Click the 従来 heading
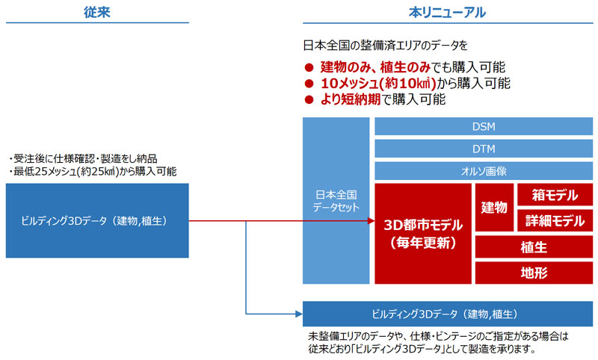[97, 12]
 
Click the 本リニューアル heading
[447, 13]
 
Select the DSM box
[484, 126]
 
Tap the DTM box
[484, 149]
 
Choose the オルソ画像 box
[484, 171]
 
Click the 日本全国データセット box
[336, 201]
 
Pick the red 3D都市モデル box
[423, 234]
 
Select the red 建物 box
[494, 208]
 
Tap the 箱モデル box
[555, 195]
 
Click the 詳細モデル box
[555, 220]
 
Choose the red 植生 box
[534, 247]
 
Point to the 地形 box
[534, 273]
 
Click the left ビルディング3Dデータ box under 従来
[97, 220]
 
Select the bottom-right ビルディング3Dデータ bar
[448, 314]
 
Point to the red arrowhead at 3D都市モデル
[371, 220]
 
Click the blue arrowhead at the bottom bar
[299, 314]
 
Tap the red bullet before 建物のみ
[309, 68]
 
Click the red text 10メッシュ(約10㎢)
[378, 83]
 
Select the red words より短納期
[351, 99]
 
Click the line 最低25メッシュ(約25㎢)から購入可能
[93, 172]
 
